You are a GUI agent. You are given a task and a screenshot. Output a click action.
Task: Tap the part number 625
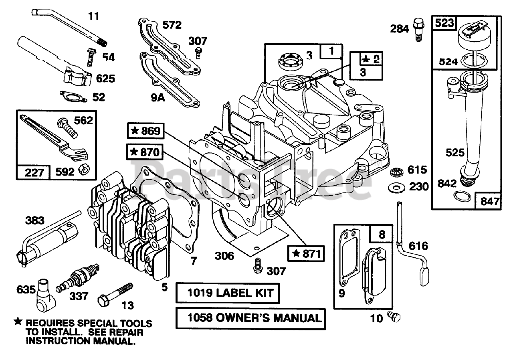[105, 79]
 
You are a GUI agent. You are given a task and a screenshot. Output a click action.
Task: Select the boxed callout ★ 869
[145, 131]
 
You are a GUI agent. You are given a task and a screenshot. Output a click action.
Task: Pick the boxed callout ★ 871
[306, 253]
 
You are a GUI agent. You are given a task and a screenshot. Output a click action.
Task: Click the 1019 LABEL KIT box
[228, 293]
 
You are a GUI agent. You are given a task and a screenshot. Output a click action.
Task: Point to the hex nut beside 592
[84, 170]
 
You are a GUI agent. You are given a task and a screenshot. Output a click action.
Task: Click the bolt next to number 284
[418, 30]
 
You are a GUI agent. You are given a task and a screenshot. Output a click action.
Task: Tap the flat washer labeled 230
[396, 188]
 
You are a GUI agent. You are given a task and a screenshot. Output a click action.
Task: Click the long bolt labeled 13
[115, 295]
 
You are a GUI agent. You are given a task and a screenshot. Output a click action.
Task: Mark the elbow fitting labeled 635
[46, 295]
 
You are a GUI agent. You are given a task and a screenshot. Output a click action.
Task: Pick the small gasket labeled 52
[73, 96]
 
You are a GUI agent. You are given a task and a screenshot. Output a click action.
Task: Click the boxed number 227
[33, 172]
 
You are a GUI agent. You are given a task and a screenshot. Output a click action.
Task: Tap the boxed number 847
[489, 201]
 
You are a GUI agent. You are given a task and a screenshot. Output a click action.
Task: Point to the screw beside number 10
[394, 317]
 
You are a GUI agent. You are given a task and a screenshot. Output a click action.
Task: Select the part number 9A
[158, 98]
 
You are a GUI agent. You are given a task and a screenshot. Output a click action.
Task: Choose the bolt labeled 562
[68, 127]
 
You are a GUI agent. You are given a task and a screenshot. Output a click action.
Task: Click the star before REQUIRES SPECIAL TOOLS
[18, 322]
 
